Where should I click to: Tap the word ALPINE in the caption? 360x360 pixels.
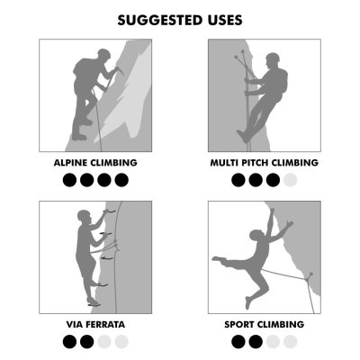[x=70, y=163]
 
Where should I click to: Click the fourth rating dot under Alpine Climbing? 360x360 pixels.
[x=121, y=180]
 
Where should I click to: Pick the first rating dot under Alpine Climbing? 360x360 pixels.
[x=69, y=180]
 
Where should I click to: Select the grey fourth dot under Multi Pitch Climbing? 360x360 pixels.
[x=290, y=180]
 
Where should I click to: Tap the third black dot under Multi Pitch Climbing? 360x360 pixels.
[x=273, y=180]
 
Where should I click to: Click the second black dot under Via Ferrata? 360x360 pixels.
[x=87, y=342]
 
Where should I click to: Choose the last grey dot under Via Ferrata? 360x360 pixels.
[x=121, y=342]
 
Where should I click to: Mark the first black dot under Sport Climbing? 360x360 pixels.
[x=238, y=342]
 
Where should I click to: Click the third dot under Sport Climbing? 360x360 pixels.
[x=273, y=342]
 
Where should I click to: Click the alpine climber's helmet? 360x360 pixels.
[x=103, y=54]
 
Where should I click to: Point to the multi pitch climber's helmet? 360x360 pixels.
[x=273, y=57]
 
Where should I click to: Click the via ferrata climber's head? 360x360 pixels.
[x=84, y=216]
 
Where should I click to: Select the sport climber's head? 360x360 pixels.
[x=256, y=235]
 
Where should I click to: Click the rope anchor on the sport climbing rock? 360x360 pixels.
[x=309, y=276]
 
